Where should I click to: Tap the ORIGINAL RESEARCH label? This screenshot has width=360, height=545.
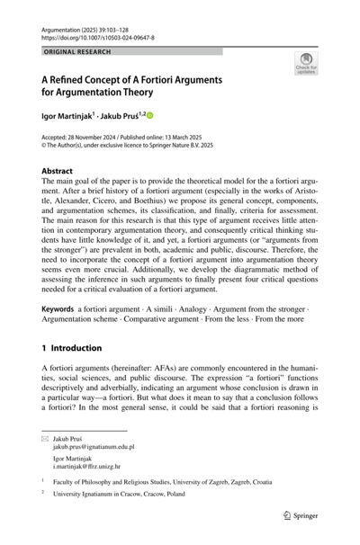coord(77,55)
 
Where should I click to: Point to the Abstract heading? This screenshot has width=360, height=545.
coord(59,169)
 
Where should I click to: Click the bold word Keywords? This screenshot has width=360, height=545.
coord(58,308)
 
